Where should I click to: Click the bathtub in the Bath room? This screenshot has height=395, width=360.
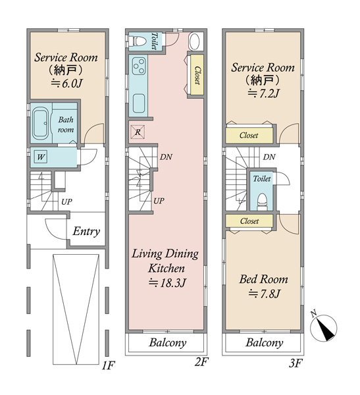pyautogui.click(x=40, y=123)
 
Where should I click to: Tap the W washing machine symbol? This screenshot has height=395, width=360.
pyautogui.click(x=41, y=157)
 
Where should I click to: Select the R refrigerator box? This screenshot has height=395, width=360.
pyautogui.click(x=138, y=132)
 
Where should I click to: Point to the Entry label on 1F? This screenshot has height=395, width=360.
pyautogui.click(x=86, y=231)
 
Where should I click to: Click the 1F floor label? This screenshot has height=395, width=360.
pyautogui.click(x=109, y=365)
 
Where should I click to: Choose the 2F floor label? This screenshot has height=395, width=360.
pyautogui.click(x=201, y=361)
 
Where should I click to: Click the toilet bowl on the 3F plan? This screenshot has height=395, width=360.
pyautogui.click(x=262, y=201)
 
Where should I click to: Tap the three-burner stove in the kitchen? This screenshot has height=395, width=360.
pyautogui.click(x=139, y=66)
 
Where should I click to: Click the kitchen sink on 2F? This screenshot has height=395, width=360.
pyautogui.click(x=139, y=103)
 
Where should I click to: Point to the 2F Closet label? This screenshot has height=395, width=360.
pyautogui.click(x=197, y=75)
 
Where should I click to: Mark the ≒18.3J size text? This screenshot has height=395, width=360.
pyautogui.click(x=167, y=283)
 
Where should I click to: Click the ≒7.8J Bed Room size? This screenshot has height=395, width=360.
pyautogui.click(x=264, y=294)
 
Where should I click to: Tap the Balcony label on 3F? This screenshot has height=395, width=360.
pyautogui.click(x=265, y=342)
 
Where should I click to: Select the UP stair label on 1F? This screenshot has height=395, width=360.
pyautogui.click(x=66, y=202)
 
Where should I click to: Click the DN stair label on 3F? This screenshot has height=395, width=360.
pyautogui.click(x=269, y=157)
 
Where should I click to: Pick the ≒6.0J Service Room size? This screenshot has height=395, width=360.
pyautogui.click(x=66, y=84)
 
